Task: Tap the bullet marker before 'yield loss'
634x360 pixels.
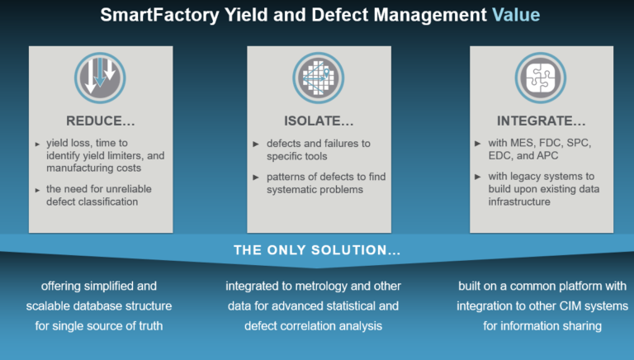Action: pos(37,144)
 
